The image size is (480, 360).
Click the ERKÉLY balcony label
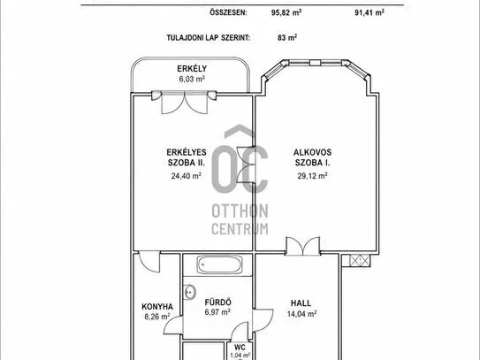192,69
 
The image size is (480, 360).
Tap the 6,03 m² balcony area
192,79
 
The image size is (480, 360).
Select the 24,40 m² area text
187,175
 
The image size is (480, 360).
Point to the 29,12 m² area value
313,175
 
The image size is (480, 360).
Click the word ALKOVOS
313,152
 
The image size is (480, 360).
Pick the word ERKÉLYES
187,152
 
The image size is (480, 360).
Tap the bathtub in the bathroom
219,264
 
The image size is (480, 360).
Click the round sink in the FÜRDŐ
190,292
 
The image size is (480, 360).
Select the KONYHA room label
157,306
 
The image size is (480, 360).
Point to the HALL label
301,303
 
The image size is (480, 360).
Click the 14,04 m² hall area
301,314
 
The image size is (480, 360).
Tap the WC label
240,347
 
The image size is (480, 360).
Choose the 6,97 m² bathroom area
217,312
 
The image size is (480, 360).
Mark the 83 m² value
287,37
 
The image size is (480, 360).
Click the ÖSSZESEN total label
228,12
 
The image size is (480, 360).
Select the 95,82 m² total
286,12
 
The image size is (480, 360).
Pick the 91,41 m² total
370,12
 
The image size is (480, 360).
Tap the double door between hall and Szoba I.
303,246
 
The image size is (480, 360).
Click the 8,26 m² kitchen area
157,316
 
